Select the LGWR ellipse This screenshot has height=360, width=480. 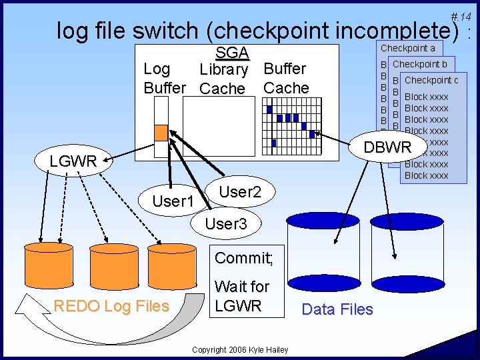click(73, 161)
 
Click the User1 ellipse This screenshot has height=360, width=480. click(173, 201)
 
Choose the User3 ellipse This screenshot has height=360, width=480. click(225, 224)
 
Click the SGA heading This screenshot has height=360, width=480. click(231, 53)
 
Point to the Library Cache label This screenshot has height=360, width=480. click(223, 79)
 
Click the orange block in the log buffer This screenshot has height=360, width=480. click(161, 133)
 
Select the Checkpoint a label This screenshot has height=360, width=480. click(407, 48)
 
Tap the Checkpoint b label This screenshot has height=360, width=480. click(420, 64)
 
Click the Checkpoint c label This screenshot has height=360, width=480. click(431, 80)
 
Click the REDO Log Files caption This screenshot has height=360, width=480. click(111, 306)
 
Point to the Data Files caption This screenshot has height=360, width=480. click(337, 309)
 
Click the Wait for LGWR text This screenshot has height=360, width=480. click(241, 296)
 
